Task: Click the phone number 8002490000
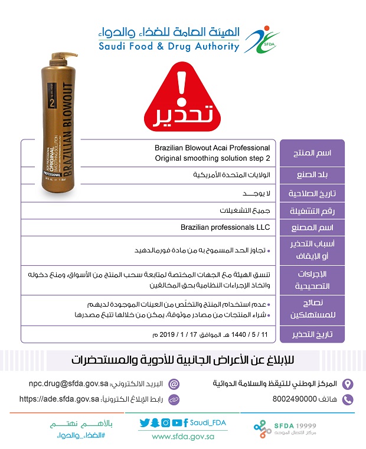299,399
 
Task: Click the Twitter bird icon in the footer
145,422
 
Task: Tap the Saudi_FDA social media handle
207,422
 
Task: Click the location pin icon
348,383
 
